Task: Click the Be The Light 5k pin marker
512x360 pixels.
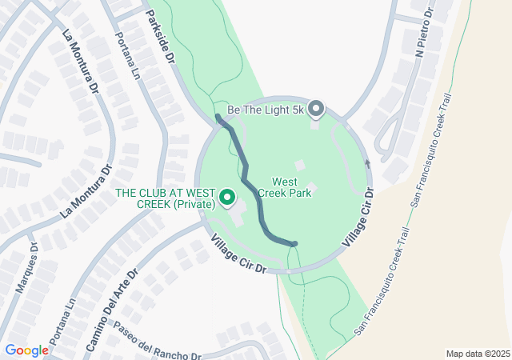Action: tap(316, 107)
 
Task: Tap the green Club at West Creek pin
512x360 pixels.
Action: tap(227, 196)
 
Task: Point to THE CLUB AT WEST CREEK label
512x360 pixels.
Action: tap(166, 199)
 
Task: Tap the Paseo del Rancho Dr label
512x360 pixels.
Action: tap(157, 342)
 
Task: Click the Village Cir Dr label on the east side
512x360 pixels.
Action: tap(357, 217)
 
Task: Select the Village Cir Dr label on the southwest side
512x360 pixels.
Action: tap(238, 254)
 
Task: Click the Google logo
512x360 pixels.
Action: tap(26, 350)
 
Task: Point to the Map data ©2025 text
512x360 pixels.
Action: tap(477, 354)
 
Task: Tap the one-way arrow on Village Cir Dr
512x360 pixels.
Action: tap(368, 163)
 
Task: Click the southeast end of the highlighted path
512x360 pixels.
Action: tap(295, 243)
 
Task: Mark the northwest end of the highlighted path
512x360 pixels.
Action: tap(218, 118)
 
